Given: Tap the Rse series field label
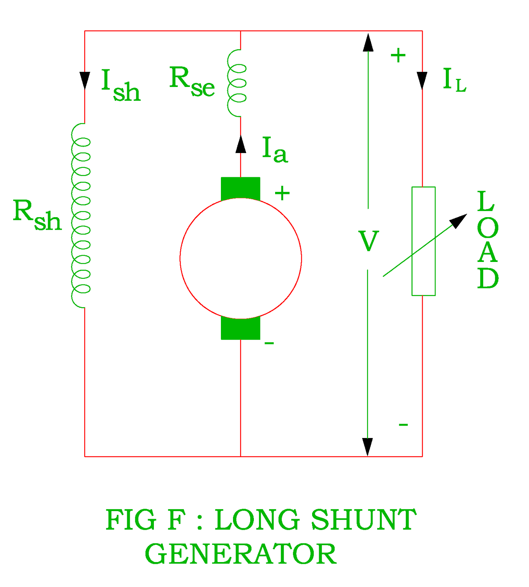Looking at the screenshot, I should pos(192,82).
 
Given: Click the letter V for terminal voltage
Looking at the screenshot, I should pos(368,241).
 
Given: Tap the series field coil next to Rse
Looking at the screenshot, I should pos(237,83).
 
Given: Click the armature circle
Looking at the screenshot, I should pos(241,258).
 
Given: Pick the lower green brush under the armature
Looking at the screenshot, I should pos(240,329).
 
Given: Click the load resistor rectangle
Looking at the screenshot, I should pos(423,241).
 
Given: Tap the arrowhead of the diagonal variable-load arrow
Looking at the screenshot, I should pos(458,221).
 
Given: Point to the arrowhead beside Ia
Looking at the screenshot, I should pos(241,145).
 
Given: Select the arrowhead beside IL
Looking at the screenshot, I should pos(422,80).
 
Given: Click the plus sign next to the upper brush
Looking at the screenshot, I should pos(282,193).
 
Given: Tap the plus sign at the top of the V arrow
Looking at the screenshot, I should pos(398,56).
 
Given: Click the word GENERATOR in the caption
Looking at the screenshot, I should pos(240,554).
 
